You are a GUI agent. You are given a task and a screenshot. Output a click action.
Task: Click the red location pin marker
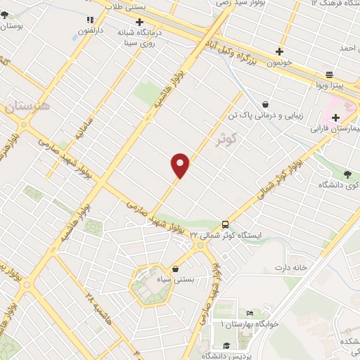pyautogui.click(x=181, y=165)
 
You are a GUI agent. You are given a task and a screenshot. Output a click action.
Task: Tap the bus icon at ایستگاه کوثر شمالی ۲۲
pyautogui.click(x=225, y=224)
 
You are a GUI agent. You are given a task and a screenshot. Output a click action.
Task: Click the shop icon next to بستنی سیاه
pyautogui.click(x=175, y=269)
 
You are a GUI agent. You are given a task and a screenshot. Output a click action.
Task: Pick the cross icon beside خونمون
pyautogui.click(x=280, y=51)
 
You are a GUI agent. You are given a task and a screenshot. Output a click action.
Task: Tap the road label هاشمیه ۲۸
pyautogui.click(x=94, y=304)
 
